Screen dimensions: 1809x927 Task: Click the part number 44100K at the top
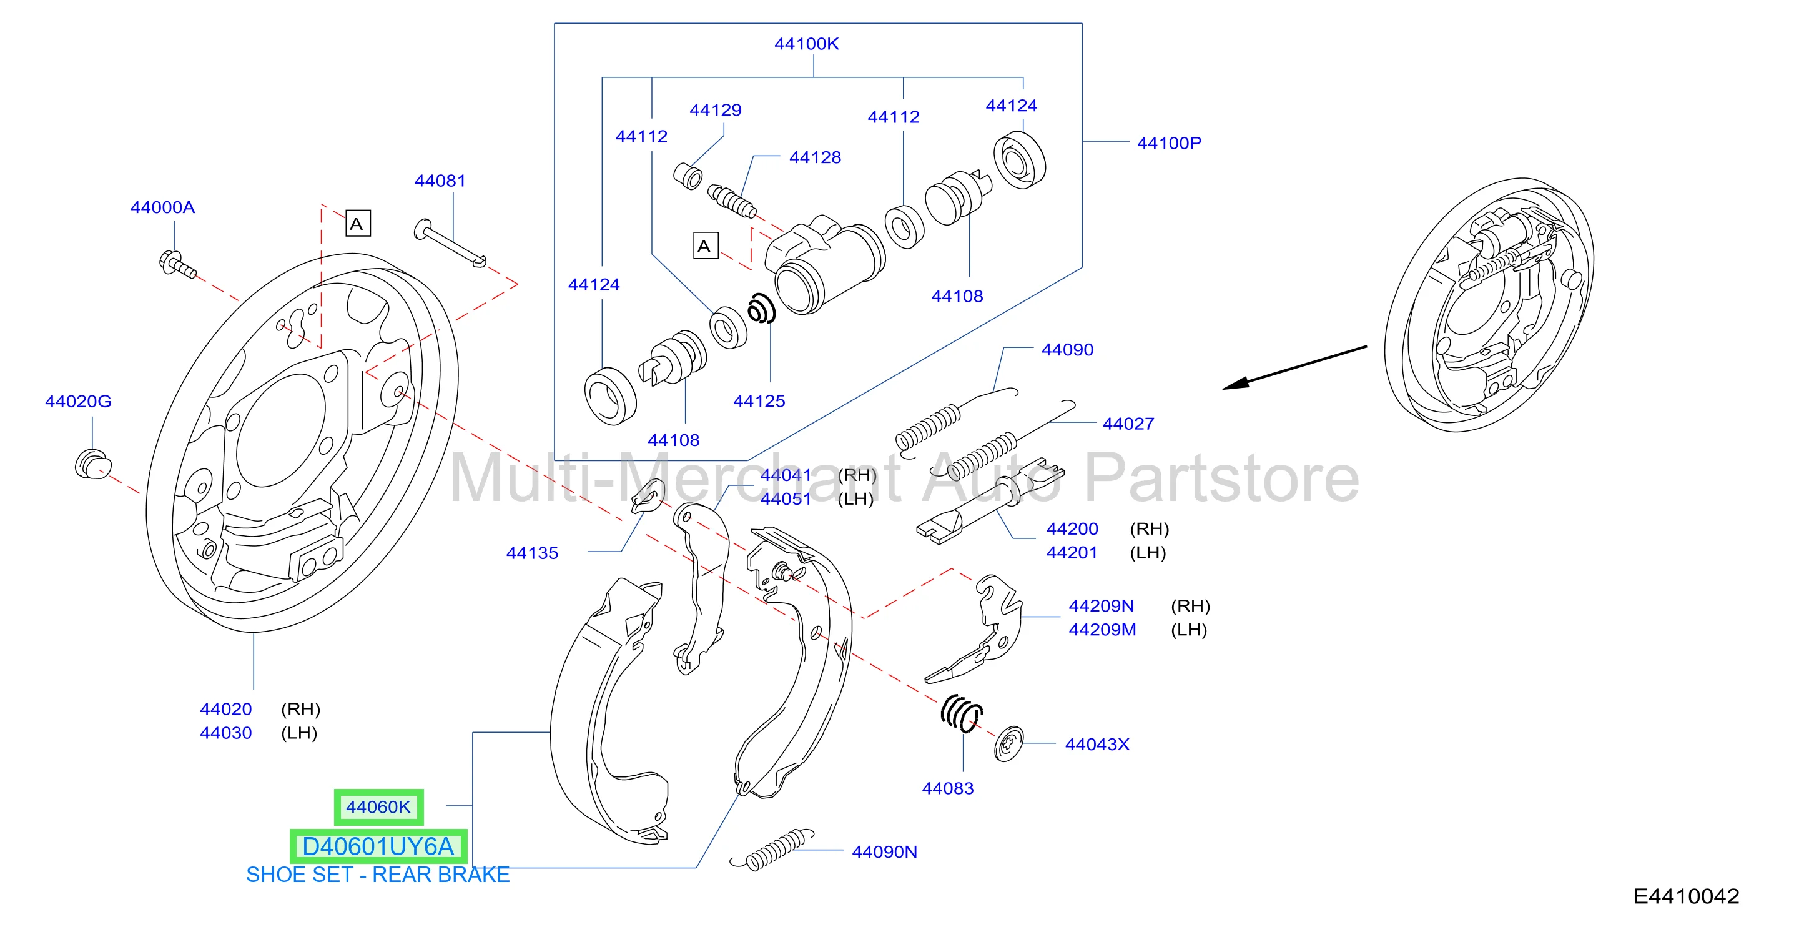coord(806,44)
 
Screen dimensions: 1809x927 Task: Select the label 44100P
coord(1169,142)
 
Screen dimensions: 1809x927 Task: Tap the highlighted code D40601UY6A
coord(378,846)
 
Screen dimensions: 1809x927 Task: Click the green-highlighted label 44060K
coord(378,807)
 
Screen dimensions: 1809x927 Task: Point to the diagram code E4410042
coord(1686,896)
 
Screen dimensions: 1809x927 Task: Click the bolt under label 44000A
coord(177,265)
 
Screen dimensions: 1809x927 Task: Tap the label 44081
coord(440,181)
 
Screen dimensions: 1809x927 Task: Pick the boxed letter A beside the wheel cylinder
coord(705,245)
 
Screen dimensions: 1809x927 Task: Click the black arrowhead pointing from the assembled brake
coord(1235,383)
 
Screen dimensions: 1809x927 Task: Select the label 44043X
coord(1097,745)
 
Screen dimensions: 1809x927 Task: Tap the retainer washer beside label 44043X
coord(1008,744)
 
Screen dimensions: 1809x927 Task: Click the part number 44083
coord(948,788)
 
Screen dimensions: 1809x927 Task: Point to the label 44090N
coord(884,852)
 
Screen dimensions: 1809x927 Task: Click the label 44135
coord(532,553)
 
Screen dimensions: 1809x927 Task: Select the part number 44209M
coord(1102,629)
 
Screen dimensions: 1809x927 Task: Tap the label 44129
coord(716,109)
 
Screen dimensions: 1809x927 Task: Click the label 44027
coord(1128,424)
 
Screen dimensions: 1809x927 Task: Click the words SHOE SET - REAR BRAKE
coord(378,875)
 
